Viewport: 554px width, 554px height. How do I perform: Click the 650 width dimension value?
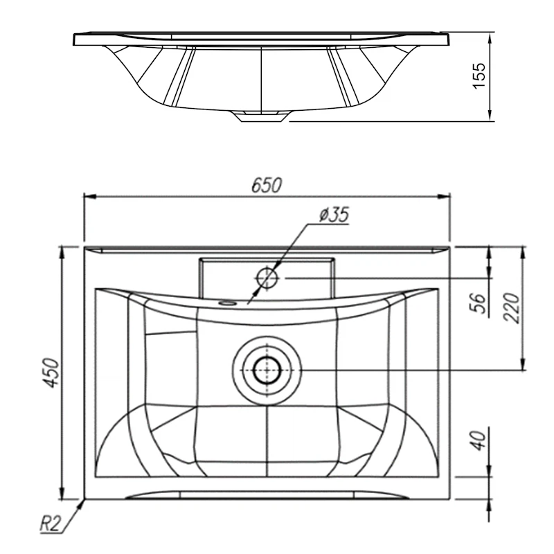coord(267,185)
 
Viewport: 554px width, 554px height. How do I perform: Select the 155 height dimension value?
coord(479,76)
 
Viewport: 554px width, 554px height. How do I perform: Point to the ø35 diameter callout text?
coord(334,215)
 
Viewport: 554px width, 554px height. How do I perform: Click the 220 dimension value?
coord(511,307)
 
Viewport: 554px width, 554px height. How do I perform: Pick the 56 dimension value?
coord(479,303)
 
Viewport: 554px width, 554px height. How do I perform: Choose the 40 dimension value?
coord(479,440)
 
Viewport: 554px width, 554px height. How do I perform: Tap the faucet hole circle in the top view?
coord(267,278)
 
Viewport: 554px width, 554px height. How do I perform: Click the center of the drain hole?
coord(267,370)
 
